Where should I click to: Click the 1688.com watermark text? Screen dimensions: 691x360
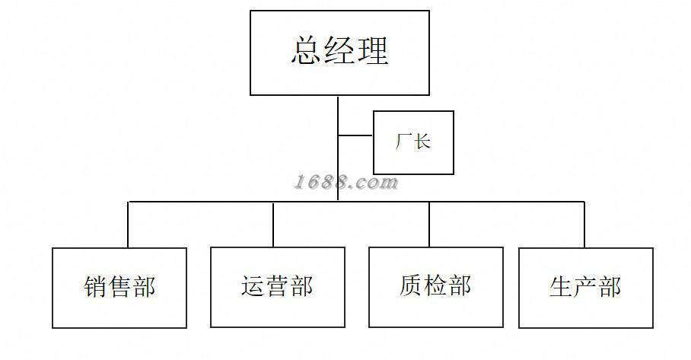point(346,182)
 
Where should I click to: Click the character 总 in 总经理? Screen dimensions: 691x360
point(307,51)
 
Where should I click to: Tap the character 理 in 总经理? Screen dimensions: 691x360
point(373,51)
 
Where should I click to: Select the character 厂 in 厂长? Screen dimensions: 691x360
point(403,142)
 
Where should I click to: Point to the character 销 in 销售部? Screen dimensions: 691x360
point(96,286)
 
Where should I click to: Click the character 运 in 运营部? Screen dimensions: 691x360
point(253,286)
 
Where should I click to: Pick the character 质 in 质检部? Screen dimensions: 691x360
point(412,285)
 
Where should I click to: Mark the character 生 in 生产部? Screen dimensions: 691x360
point(562,287)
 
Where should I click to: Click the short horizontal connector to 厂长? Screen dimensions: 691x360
point(355,135)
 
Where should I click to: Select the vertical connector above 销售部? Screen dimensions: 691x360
point(129,225)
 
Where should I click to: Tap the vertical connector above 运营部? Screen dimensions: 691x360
point(273,225)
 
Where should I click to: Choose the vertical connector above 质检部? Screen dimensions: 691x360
point(429,225)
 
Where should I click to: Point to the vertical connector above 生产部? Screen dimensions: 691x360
point(584,225)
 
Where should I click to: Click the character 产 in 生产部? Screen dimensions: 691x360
point(585,287)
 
